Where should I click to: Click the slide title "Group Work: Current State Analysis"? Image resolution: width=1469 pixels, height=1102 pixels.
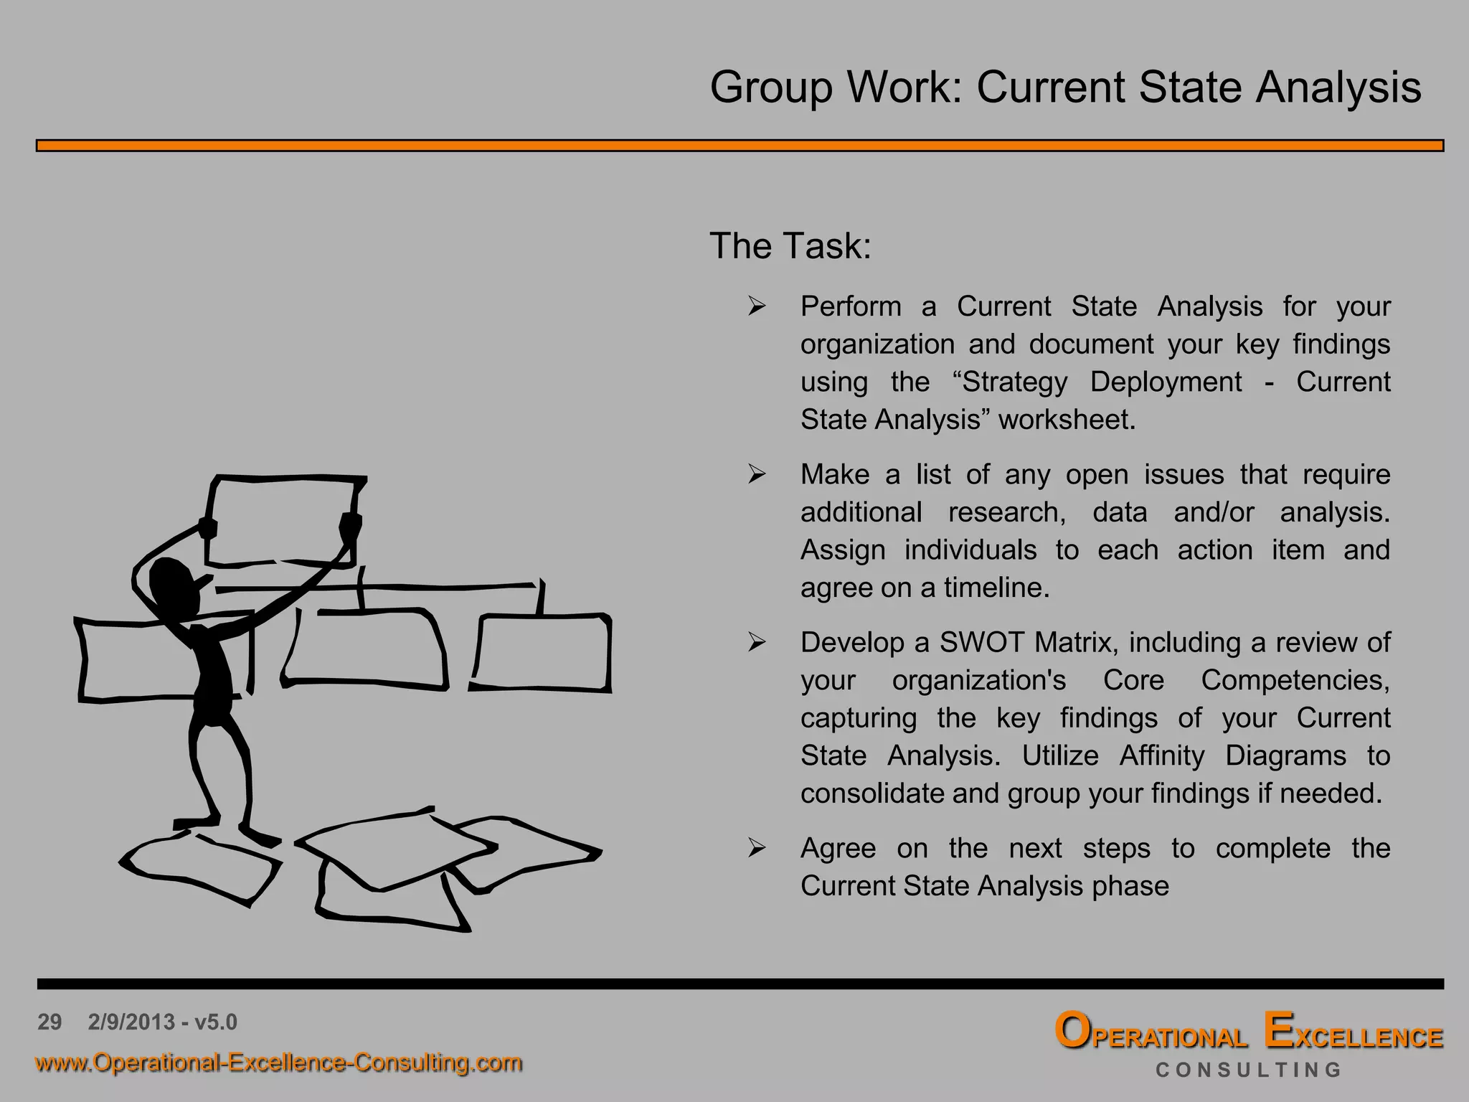pyautogui.click(x=1065, y=88)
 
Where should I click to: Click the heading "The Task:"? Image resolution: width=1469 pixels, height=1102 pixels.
pyautogui.click(x=790, y=246)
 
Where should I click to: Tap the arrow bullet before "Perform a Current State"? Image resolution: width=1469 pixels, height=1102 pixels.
pyautogui.click(x=757, y=307)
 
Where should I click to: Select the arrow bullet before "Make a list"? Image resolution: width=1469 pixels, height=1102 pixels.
pyautogui.click(x=757, y=475)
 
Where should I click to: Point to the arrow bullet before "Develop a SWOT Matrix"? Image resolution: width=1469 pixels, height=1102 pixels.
pyautogui.click(x=757, y=643)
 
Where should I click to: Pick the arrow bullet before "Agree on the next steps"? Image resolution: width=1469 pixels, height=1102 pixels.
pyautogui.click(x=757, y=849)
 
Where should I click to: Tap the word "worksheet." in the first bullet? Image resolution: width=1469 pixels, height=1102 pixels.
pyautogui.click(x=1067, y=420)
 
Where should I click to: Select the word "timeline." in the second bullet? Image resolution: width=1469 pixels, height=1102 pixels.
pyautogui.click(x=996, y=588)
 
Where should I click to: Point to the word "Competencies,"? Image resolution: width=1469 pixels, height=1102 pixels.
pyautogui.click(x=1295, y=680)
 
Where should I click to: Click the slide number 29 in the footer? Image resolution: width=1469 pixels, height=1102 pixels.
pyautogui.click(x=49, y=1022)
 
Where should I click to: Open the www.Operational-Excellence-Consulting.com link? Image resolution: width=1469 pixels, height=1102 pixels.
pyautogui.click(x=278, y=1063)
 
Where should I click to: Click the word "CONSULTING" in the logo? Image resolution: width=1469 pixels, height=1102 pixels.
pyautogui.click(x=1248, y=1070)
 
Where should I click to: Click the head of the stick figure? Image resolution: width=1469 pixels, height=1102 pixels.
pyautogui.click(x=172, y=585)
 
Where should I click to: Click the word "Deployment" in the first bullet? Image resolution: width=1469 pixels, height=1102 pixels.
pyautogui.click(x=1166, y=382)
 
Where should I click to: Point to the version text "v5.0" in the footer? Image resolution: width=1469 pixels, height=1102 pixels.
pyautogui.click(x=216, y=1022)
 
